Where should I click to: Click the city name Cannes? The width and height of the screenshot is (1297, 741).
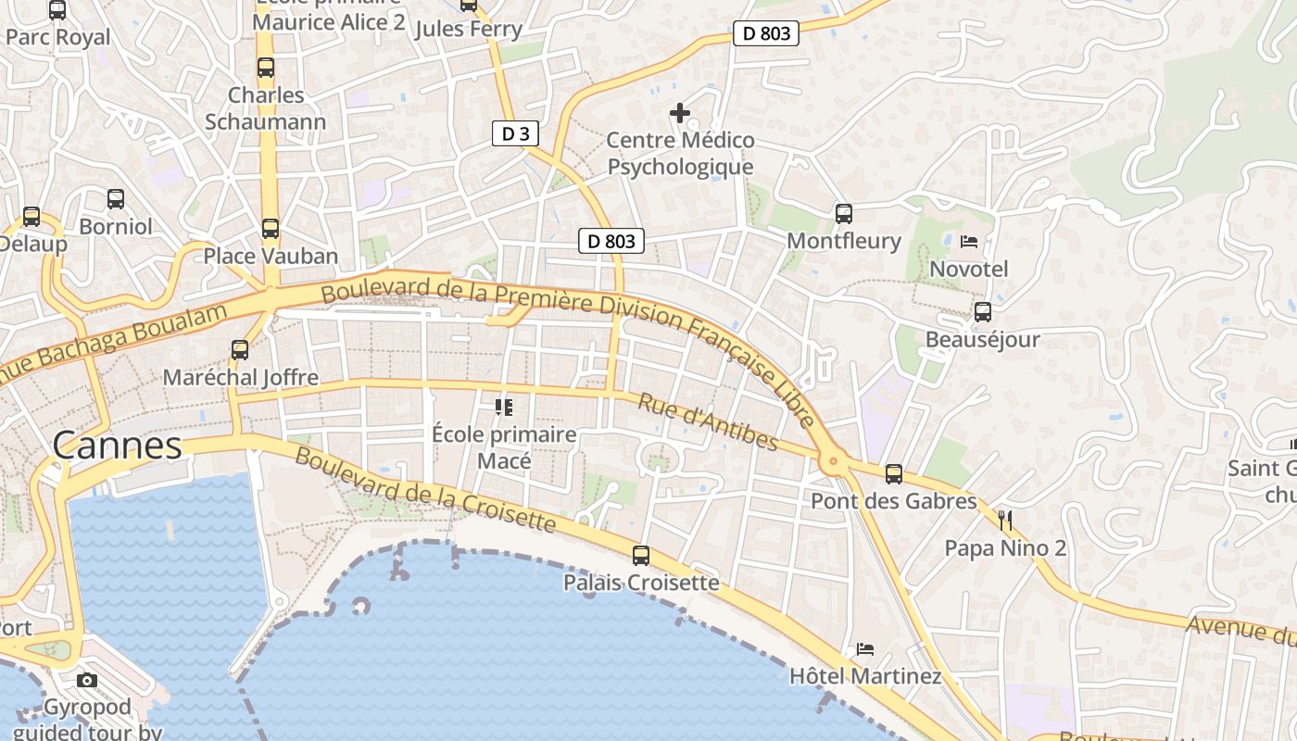117,446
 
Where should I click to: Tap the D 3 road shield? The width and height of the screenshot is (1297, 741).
515,133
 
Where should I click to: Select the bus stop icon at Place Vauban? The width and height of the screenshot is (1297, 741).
271,229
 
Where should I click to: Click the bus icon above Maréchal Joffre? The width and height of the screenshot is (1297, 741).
240,350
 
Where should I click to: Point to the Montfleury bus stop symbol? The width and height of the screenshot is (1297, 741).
843,214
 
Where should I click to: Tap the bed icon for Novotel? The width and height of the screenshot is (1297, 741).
969,242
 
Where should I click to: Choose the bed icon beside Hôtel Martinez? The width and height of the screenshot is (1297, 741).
865,649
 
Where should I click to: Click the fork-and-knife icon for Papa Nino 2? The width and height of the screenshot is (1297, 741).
1005,521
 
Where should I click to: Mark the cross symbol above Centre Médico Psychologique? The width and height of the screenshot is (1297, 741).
680,113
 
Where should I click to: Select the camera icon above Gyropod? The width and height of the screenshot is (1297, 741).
87,681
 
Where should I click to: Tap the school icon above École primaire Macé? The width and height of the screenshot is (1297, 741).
503,407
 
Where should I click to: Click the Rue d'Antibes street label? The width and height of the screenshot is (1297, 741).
708,422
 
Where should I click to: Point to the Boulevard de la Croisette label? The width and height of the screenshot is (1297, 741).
425,491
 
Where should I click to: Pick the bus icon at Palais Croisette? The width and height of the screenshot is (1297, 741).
641,556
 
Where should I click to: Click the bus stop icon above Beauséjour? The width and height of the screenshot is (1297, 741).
982,312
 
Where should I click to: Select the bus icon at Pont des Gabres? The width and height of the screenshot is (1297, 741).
894,474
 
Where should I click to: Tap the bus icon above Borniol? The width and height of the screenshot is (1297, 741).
116,199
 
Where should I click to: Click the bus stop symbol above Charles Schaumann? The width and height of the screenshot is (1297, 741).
266,68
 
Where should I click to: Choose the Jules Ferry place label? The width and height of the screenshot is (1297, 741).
469,29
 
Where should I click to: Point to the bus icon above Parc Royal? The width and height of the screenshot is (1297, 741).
57,10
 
